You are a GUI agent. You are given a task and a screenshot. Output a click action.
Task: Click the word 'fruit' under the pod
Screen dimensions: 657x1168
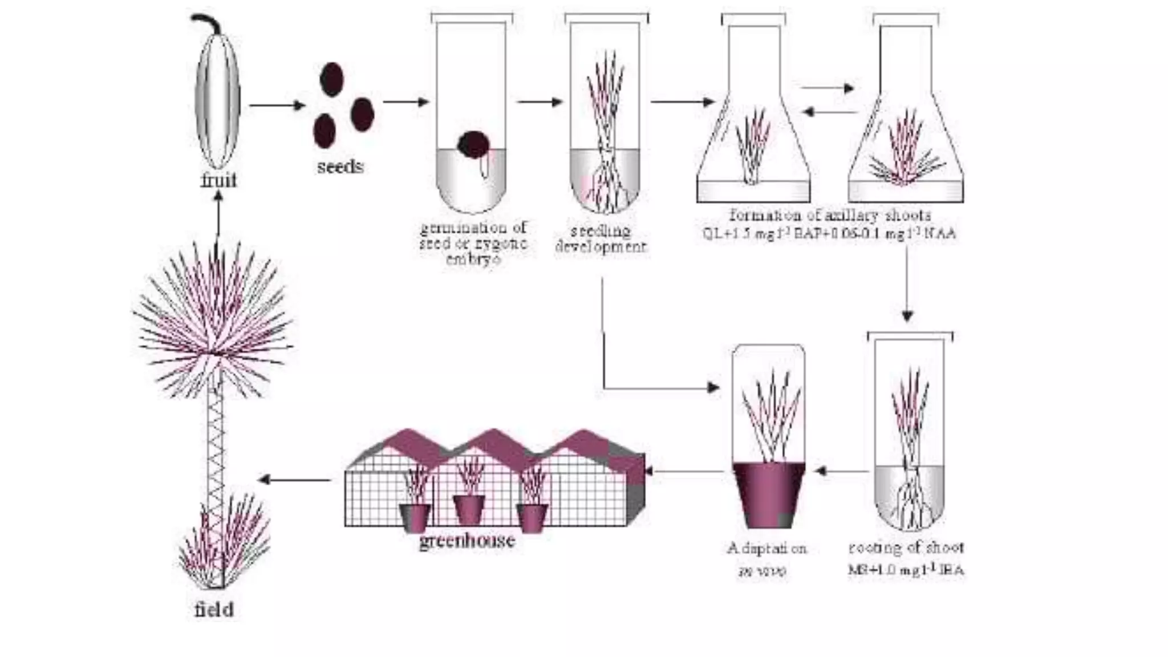click(218, 180)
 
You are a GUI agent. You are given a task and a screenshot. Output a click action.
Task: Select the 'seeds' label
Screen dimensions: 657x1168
click(340, 167)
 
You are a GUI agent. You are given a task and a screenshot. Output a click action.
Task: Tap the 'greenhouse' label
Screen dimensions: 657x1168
click(467, 540)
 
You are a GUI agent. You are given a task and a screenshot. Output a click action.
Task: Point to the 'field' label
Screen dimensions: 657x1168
click(214, 610)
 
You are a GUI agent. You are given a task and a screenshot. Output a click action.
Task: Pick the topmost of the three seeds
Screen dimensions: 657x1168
click(331, 79)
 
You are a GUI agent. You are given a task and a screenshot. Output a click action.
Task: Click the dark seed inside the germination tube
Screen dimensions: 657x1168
click(473, 144)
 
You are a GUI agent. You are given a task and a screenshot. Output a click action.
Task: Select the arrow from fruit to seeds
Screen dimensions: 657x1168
click(277, 106)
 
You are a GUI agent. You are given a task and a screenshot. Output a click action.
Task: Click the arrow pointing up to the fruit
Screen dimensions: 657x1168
click(217, 220)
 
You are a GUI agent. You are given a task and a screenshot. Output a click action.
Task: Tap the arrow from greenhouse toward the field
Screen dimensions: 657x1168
click(294, 480)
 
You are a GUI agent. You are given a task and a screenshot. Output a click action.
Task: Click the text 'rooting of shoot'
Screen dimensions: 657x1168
click(906, 548)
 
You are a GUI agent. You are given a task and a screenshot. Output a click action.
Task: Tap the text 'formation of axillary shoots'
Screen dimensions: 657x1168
click(830, 215)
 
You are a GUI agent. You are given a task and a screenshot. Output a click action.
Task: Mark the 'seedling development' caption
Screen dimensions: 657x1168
click(601, 239)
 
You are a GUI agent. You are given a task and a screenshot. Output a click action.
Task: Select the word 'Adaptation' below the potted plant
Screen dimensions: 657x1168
click(766, 549)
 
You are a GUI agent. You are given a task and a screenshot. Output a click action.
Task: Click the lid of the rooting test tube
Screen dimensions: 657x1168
click(910, 335)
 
